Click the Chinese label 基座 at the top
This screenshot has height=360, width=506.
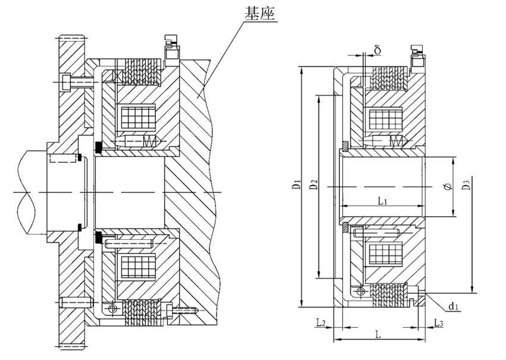click(261, 14)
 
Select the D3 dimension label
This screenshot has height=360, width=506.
click(466, 186)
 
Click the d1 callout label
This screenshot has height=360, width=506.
click(454, 307)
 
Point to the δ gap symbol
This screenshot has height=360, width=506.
click(377, 49)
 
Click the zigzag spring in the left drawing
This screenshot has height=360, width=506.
click(151, 142)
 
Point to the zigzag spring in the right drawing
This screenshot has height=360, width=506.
click(397, 141)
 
